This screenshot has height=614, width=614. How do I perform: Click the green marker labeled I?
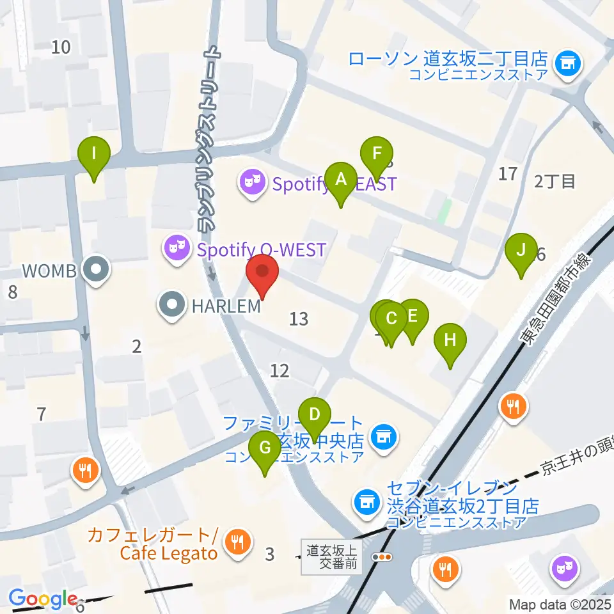93,154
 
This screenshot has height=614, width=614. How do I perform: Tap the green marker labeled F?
377,154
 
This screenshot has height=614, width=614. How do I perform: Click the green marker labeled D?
313,414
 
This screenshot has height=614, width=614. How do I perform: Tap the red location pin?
262,271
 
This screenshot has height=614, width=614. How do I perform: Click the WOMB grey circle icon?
97,271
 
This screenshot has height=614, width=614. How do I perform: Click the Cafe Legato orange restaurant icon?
237,543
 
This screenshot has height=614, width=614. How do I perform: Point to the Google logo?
43,599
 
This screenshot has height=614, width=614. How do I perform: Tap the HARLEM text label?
226,306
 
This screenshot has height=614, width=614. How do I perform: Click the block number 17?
507,173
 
